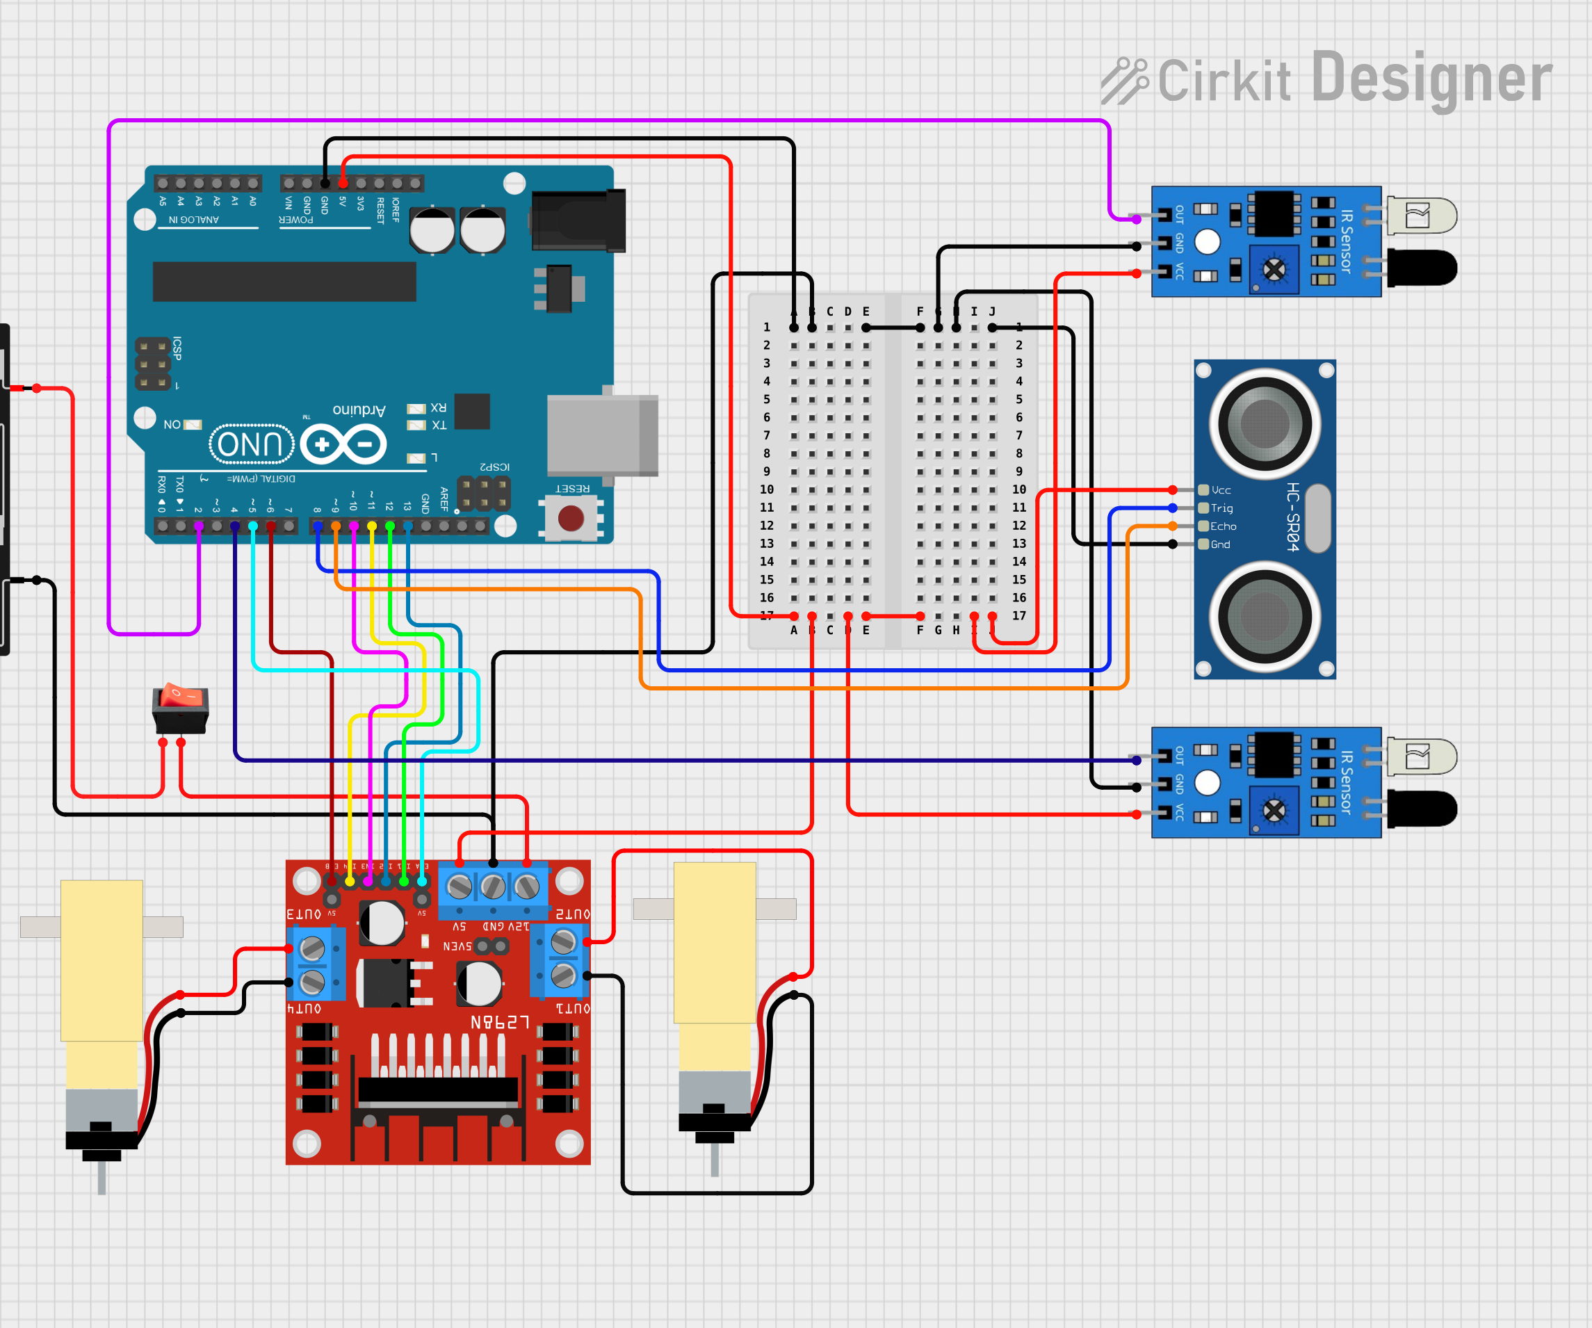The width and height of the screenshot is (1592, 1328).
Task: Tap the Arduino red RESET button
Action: [571, 518]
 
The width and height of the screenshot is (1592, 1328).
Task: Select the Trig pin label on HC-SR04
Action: [1221, 508]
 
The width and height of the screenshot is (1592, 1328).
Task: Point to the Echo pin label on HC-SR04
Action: [1223, 526]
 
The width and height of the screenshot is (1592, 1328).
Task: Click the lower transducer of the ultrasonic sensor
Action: [1265, 616]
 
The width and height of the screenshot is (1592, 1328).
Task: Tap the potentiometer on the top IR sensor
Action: [1274, 269]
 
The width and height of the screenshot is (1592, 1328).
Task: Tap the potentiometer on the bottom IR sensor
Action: [1274, 810]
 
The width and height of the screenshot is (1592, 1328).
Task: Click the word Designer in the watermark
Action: [1431, 78]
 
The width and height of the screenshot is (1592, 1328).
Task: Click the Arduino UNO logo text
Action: [251, 444]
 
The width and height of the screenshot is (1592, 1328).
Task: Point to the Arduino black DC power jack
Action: [578, 220]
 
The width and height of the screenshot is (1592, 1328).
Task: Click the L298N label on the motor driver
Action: [500, 1022]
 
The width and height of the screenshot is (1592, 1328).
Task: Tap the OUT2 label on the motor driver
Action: [572, 914]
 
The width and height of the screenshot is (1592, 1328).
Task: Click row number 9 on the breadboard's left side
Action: [766, 471]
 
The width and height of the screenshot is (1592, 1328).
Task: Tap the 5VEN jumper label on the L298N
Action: [457, 946]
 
